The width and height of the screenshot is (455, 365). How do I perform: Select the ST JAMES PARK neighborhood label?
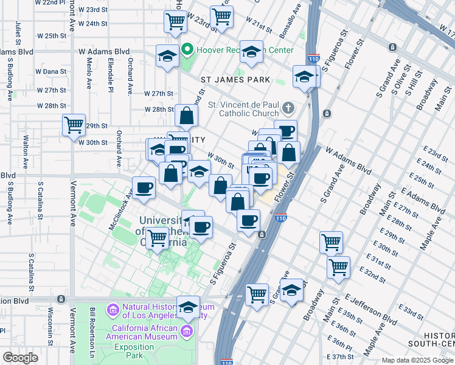pyautogui.click(x=235, y=80)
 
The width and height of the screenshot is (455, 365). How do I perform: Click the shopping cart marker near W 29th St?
pyautogui.click(x=74, y=125)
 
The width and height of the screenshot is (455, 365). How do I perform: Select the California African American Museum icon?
pyautogui.click(x=187, y=332)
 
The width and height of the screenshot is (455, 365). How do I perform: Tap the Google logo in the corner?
pyautogui.click(x=20, y=358)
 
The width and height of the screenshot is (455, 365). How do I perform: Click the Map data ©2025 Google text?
pyautogui.click(x=417, y=360)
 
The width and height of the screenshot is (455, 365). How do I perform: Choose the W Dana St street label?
pyautogui.click(x=50, y=71)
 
